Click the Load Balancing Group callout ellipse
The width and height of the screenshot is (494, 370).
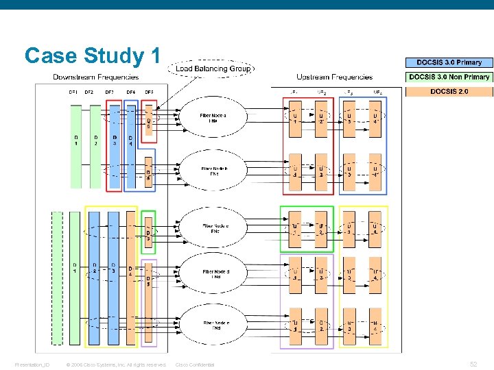coord(212,69)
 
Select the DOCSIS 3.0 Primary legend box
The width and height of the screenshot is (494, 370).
coord(449,63)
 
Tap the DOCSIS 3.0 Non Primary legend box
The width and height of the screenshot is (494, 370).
coord(449,77)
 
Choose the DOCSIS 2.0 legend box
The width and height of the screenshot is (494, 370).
coord(449,92)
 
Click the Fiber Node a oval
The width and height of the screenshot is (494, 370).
coord(213,119)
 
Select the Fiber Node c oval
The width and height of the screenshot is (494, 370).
coord(213,227)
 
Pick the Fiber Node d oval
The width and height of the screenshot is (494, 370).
coord(213,274)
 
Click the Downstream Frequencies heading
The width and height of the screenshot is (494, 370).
coord(96,77)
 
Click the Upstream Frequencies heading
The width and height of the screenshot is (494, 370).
coord(334,77)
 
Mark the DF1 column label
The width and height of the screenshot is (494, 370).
coord(73,92)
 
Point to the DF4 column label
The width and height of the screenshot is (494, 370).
coord(130,92)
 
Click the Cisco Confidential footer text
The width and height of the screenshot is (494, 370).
coord(195,365)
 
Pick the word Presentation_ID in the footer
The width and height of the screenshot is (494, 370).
coord(33,365)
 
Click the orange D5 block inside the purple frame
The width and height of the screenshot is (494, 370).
coord(148,301)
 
